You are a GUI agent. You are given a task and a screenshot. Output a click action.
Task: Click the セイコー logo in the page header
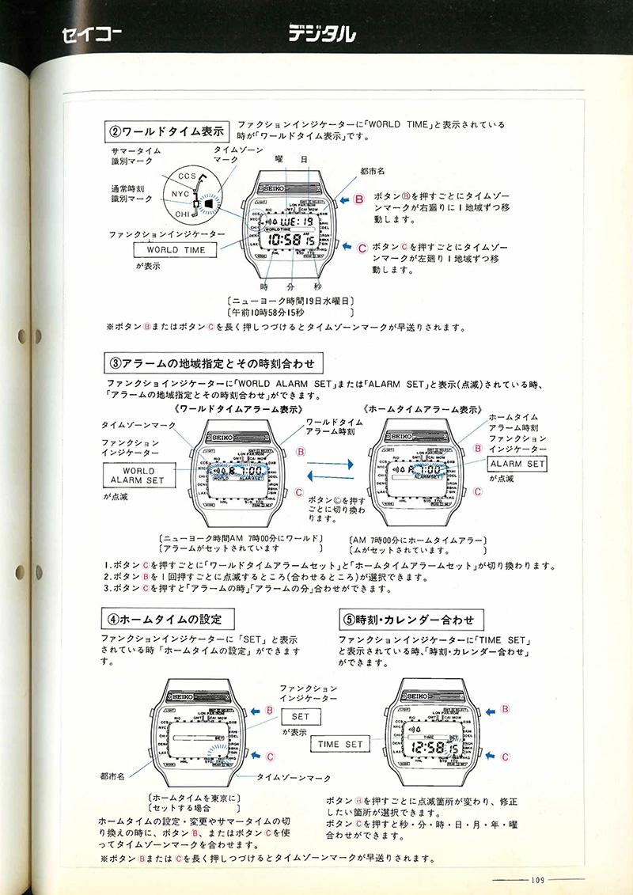[x=87, y=34]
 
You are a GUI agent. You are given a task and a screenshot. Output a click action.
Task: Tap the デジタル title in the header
[x=321, y=33]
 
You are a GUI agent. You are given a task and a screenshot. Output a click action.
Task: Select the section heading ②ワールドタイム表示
[x=167, y=130]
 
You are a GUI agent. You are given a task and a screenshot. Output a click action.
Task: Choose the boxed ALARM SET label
[x=517, y=464]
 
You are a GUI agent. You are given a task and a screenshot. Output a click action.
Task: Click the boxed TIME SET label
[x=340, y=744]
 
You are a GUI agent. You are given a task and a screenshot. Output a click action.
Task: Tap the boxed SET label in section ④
[x=299, y=715]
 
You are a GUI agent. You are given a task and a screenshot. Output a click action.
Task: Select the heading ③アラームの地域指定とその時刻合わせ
[x=214, y=364]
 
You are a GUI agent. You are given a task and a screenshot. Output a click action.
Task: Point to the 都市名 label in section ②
[x=371, y=170]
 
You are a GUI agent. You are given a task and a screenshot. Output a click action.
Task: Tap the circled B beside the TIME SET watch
[x=504, y=710]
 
